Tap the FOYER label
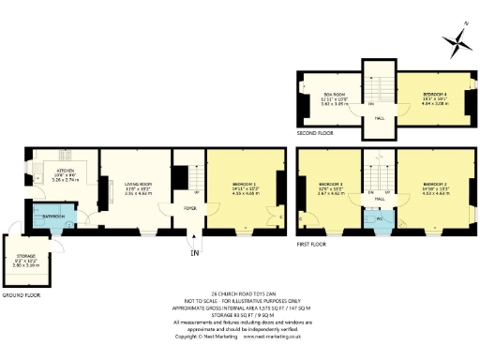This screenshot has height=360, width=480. tap(188, 208)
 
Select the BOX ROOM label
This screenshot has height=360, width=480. tap(322, 94)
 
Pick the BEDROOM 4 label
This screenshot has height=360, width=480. tap(433, 94)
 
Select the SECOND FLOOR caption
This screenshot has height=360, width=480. tap(316, 134)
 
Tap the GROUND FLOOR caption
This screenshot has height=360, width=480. tap(21, 294)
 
